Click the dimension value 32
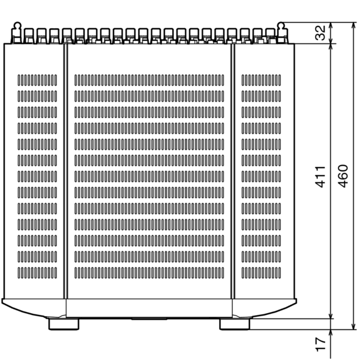pyautogui.click(x=320, y=33)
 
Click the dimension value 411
pyautogui.click(x=320, y=176)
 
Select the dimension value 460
pyautogui.click(x=343, y=176)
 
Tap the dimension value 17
pyautogui.click(x=320, y=344)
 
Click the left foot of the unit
pyautogui.click(x=64, y=324)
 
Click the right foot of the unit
pyautogui.click(x=235, y=324)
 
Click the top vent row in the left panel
pyautogui.click(x=37, y=80)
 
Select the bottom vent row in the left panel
pyautogui.click(x=37, y=273)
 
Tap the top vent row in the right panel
pyautogui.click(x=261, y=80)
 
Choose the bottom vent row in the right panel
pyautogui.click(x=261, y=273)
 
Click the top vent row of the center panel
pyautogui.click(x=149, y=80)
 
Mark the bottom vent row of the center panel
pyautogui.click(x=149, y=273)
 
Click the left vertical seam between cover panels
pyautogui.click(x=65, y=171)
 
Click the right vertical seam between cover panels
pyautogui.click(x=233, y=171)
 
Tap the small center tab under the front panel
pyautogui.click(x=149, y=319)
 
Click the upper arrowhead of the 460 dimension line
pyautogui.click(x=353, y=26)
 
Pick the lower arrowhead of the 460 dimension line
pyautogui.click(x=353, y=326)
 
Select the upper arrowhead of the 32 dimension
pyautogui.click(x=331, y=26)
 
